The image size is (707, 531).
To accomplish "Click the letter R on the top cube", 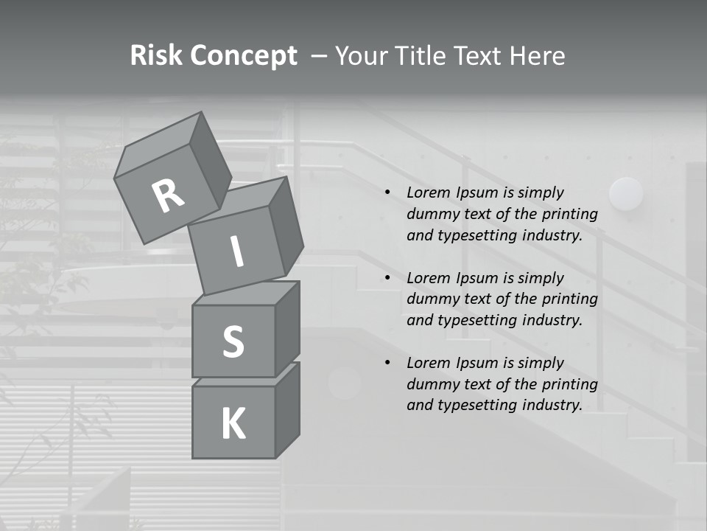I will pyautogui.click(x=169, y=195).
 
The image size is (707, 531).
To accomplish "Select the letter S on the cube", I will pyautogui.click(x=233, y=341).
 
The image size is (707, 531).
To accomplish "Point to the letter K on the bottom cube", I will pyautogui.click(x=233, y=424).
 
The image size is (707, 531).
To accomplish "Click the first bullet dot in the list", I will pyautogui.click(x=387, y=193).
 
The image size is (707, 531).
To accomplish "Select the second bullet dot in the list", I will pyautogui.click(x=387, y=279).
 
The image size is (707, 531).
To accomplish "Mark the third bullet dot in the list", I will pyautogui.click(x=387, y=364).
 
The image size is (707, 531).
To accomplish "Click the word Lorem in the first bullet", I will pyautogui.click(x=426, y=193).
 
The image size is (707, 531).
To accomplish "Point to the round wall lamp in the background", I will pyautogui.click(x=626, y=194).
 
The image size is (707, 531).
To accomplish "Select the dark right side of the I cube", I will pyautogui.click(x=286, y=229).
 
